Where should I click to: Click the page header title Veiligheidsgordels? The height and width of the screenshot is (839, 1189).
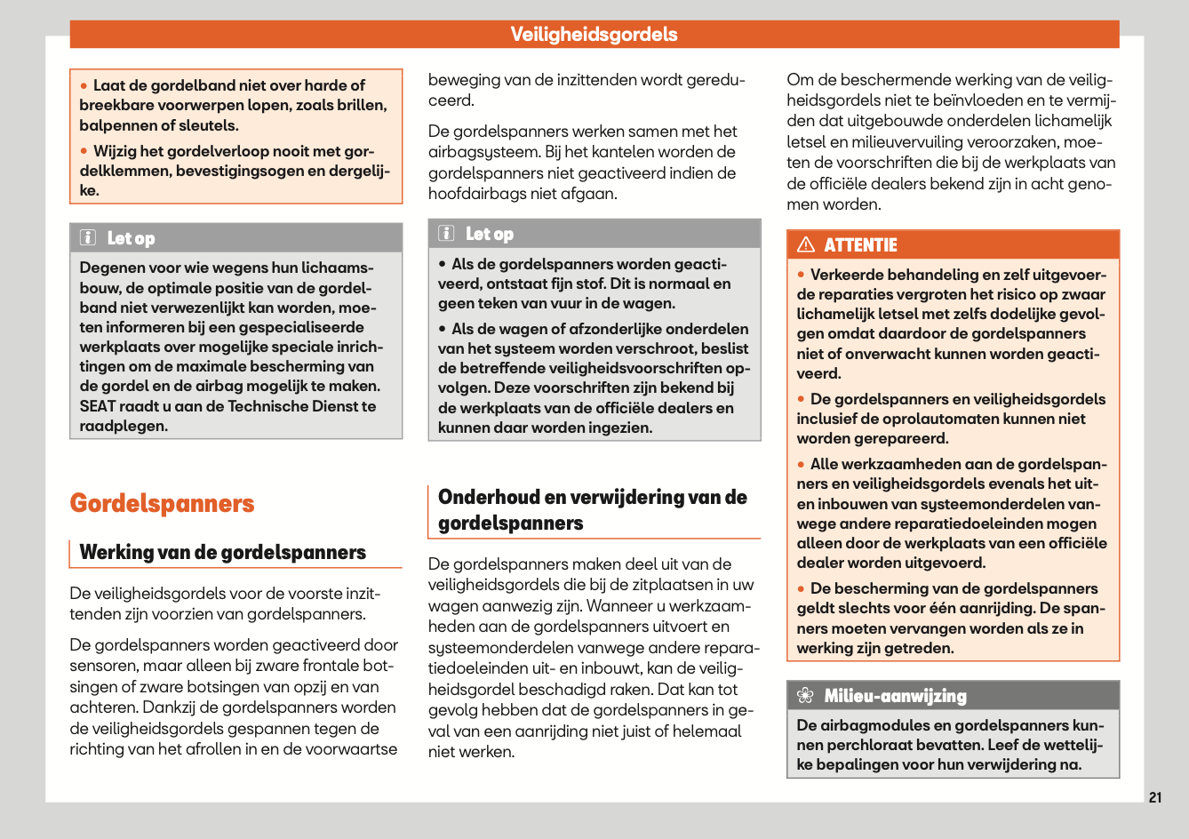click(594, 35)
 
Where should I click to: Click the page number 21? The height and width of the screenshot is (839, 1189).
click(1154, 797)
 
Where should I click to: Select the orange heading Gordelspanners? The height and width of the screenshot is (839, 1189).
click(162, 503)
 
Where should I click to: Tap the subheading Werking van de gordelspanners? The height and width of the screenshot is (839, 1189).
click(222, 552)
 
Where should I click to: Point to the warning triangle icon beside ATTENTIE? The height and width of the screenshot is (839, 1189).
click(806, 244)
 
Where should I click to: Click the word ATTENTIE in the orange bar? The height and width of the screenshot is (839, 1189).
click(860, 245)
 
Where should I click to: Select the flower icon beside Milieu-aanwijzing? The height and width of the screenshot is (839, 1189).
click(805, 696)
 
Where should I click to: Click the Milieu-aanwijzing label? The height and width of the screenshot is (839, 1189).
click(895, 696)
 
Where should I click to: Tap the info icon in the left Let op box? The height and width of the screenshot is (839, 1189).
click(88, 237)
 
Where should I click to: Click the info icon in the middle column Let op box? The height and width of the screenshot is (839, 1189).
click(447, 233)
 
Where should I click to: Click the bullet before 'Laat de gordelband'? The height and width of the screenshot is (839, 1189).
click(84, 86)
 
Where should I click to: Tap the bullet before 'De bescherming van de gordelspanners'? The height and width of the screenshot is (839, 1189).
click(801, 589)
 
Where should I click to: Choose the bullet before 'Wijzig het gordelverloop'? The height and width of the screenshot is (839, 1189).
click(84, 151)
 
